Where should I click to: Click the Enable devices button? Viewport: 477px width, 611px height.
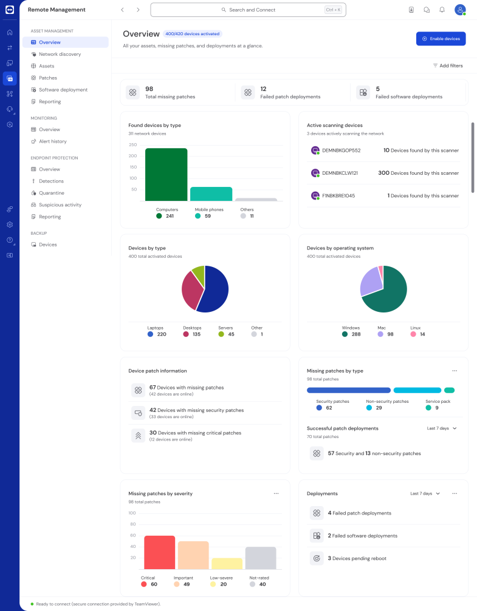point(441,39)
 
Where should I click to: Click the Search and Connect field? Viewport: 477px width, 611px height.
point(248,10)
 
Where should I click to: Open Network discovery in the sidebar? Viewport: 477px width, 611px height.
point(60,54)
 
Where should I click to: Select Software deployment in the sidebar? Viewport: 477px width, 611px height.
point(63,90)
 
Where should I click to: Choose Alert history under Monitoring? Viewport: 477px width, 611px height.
point(53,141)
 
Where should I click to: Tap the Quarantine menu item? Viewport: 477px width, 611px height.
point(52,193)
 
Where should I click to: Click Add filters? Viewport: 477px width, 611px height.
point(448,66)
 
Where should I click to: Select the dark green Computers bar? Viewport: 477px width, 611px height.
point(166,175)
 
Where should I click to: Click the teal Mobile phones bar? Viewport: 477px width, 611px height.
point(211,194)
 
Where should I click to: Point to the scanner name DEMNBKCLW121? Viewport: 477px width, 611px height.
point(340,173)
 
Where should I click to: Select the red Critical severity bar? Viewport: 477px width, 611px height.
point(159,553)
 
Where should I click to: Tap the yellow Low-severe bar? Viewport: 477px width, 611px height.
point(227,564)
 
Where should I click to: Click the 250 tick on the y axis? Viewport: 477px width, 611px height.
point(132,144)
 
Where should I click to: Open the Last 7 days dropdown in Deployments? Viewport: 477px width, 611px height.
point(425,494)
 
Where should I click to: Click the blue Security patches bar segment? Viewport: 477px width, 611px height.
point(349,390)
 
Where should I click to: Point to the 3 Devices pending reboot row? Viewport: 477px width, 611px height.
point(357,558)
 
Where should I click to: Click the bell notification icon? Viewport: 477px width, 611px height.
point(442,10)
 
